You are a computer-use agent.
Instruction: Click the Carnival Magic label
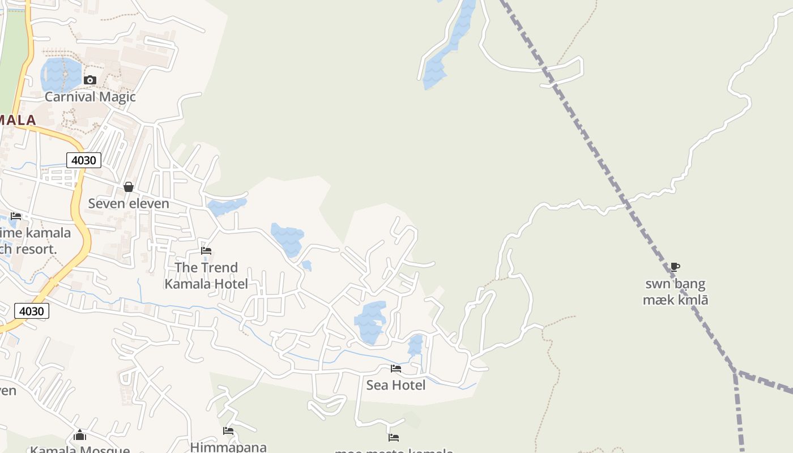[90, 96]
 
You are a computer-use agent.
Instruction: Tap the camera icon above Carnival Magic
[89, 80]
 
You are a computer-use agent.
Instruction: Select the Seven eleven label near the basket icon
[129, 203]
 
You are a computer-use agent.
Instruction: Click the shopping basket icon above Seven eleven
[129, 187]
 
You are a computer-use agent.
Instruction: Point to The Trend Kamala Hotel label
[206, 275]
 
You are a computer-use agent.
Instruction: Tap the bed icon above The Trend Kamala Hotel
[206, 250]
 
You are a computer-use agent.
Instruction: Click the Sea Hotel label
[395, 385]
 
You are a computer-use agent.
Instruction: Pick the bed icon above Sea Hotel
[396, 369]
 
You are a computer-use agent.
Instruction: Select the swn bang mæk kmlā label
[675, 292]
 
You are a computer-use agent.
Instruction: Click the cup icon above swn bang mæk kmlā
[675, 267]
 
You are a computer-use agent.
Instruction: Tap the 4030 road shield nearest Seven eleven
[84, 160]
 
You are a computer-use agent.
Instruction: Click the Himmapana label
[228, 447]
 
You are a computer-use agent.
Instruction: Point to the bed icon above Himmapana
[228, 431]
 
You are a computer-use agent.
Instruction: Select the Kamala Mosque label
[80, 450]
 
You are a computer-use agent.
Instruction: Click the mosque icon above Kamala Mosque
[80, 435]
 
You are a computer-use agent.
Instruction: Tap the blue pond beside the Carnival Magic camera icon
[60, 74]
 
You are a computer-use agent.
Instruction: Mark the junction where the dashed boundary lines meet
[736, 372]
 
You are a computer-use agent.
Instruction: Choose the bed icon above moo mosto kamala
[394, 437]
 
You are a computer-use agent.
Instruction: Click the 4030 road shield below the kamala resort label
[31, 311]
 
